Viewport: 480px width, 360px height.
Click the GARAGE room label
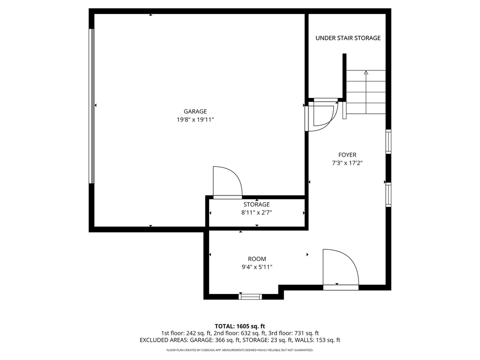pos(195,112)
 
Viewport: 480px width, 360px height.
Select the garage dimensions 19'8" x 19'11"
pos(195,120)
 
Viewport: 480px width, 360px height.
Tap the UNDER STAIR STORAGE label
pos(348,38)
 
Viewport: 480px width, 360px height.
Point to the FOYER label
pos(347,155)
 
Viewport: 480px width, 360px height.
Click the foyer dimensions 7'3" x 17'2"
pos(347,163)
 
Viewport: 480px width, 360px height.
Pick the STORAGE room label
pos(256,204)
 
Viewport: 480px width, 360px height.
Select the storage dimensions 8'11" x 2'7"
pos(256,213)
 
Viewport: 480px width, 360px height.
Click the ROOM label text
pos(257,259)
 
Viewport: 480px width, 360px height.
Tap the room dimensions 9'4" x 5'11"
pos(257,267)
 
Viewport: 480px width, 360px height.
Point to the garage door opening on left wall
pos(91,106)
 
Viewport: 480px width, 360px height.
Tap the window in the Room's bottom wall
pos(250,296)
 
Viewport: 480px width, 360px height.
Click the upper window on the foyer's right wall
pos(388,142)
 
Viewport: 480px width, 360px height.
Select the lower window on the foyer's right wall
pos(388,195)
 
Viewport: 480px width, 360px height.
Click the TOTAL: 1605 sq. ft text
pos(240,326)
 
